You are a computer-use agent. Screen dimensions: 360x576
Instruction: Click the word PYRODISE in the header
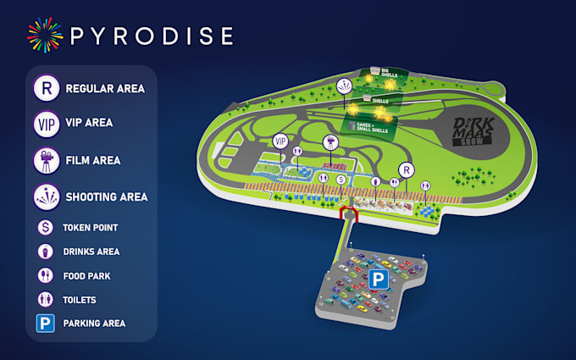coord(151,36)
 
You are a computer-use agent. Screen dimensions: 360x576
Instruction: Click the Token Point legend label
coord(90,228)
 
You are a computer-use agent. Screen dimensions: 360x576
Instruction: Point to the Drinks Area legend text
coord(91,252)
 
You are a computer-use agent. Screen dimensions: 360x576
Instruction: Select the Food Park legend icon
coord(45,275)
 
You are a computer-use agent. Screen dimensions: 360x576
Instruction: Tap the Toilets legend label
coord(80,300)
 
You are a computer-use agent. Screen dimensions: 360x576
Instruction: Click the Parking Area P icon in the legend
coord(45,324)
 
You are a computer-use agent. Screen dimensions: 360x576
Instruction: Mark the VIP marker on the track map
coord(280,141)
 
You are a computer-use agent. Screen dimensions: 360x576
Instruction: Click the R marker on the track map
coord(406,169)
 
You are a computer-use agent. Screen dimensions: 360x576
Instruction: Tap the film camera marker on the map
coord(329,141)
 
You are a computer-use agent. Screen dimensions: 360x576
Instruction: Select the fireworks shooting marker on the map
coord(344,86)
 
